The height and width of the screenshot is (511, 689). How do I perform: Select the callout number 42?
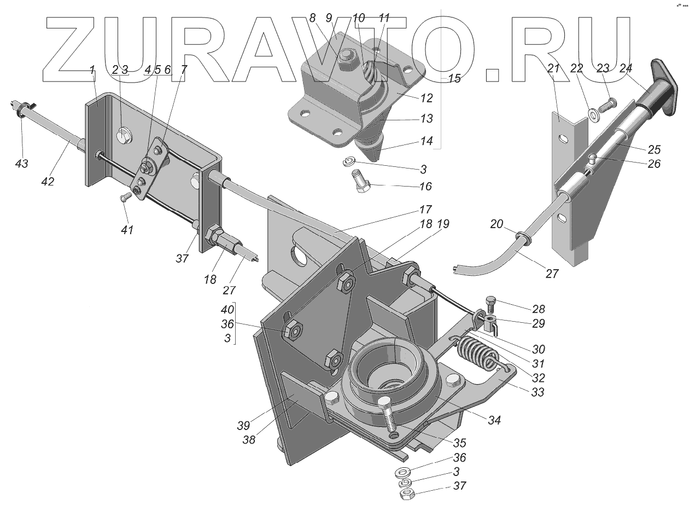coord(48,181)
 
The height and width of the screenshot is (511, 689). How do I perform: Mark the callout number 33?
coord(538,392)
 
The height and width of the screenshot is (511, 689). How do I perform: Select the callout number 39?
coord(244,425)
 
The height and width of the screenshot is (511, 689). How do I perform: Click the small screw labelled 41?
coord(126,195)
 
